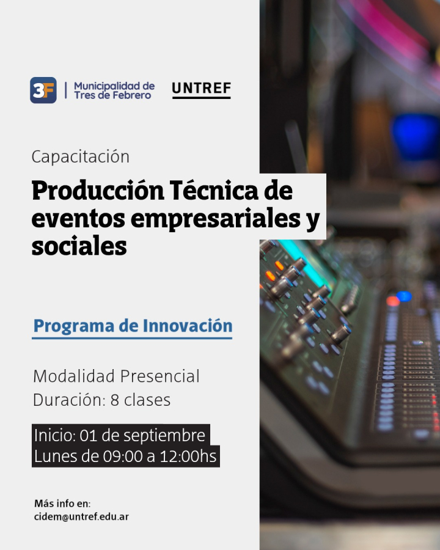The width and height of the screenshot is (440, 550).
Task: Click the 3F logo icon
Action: point(43,90)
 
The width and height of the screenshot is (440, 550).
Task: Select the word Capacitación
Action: point(80,156)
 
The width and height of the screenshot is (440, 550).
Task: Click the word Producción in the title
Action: point(98,191)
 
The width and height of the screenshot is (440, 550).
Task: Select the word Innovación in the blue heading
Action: point(188,326)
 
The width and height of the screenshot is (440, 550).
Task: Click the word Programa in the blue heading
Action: point(74,326)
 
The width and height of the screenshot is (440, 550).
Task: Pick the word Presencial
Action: point(160,376)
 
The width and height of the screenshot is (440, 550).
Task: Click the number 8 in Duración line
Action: point(114,400)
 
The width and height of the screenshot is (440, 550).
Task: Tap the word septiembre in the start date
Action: point(164,436)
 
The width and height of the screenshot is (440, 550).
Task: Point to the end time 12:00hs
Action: point(188,457)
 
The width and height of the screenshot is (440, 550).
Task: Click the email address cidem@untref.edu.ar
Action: point(81,516)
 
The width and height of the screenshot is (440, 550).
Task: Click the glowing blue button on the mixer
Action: point(404,296)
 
